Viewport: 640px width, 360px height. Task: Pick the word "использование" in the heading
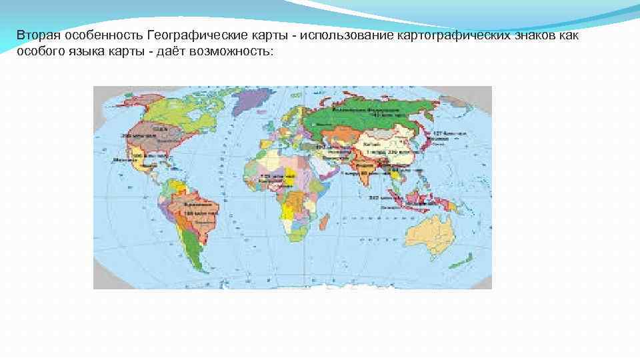(x=346, y=35)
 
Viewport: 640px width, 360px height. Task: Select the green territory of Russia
(x=373, y=117)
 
